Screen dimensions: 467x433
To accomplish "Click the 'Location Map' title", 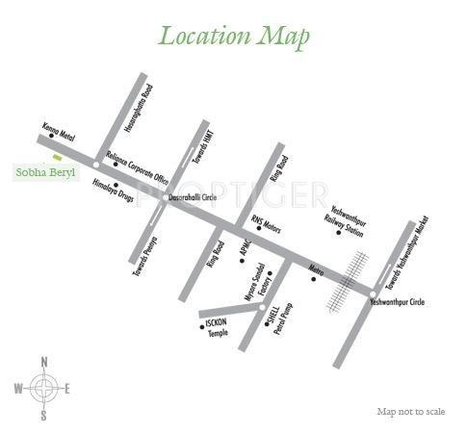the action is click(234, 37).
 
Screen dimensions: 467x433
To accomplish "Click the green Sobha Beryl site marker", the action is click(58, 157).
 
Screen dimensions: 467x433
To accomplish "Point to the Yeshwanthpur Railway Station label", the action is click(349, 221).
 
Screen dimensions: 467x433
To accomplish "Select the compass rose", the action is click(43, 389).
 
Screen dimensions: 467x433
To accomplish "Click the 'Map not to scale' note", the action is click(410, 412).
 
